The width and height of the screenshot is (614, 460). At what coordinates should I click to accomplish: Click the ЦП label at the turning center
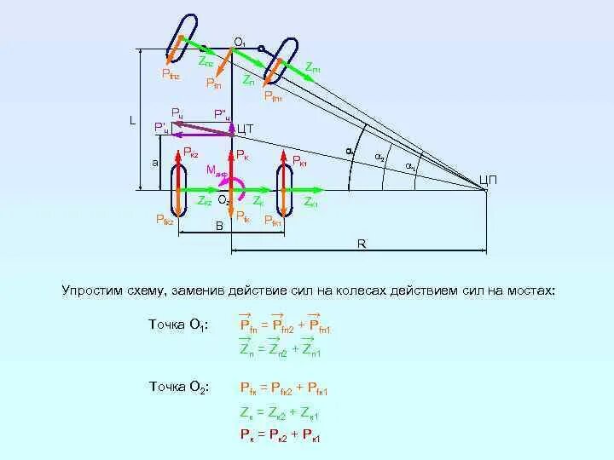[489, 179]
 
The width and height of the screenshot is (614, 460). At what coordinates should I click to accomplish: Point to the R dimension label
[362, 244]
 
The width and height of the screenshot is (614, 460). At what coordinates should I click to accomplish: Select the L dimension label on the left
[132, 120]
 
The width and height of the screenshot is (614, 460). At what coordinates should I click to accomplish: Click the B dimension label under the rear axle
[218, 225]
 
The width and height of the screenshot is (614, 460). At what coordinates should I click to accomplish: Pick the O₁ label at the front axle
[240, 42]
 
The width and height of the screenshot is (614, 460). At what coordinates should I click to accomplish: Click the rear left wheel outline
[179, 188]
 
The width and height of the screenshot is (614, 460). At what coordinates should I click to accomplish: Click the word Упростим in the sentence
[90, 290]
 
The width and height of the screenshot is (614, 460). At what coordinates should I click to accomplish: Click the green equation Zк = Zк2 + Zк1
[279, 414]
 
